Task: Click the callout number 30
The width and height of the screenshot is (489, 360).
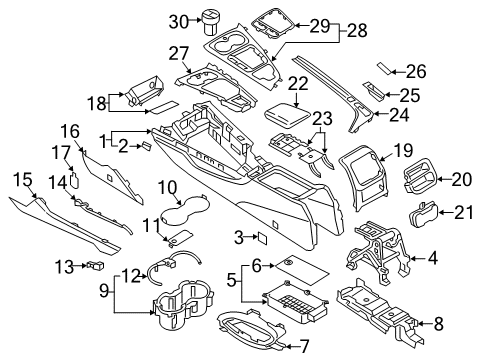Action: click(179, 22)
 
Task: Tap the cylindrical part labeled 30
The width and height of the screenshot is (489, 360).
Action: click(210, 22)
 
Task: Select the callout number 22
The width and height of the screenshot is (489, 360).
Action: click(298, 84)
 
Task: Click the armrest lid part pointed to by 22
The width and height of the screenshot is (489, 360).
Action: click(288, 115)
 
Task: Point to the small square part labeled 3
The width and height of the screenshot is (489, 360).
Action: click(262, 238)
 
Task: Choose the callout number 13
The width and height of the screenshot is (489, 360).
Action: click(65, 267)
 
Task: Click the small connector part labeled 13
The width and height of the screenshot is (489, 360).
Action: click(96, 265)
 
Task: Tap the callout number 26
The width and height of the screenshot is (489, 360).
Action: click(416, 71)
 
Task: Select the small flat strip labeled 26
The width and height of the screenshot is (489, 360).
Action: click(385, 68)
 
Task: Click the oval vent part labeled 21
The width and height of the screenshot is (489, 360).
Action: click(423, 214)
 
